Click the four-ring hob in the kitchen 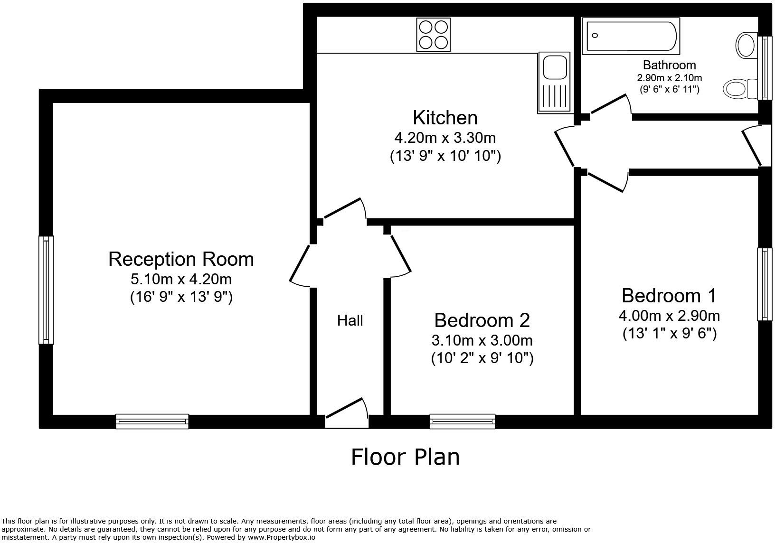click(433, 34)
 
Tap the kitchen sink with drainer click(554, 83)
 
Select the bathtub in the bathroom click(631, 36)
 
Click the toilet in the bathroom click(738, 88)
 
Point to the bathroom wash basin click(747, 46)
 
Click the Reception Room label click(181, 259)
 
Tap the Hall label click(350, 320)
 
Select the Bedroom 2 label click(482, 320)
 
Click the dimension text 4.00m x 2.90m click(669, 315)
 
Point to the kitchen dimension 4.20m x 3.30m click(445, 138)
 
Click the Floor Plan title click(405, 457)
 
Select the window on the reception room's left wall click(46, 290)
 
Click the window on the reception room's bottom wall click(152, 421)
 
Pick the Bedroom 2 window click(462, 421)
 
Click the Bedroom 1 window click(764, 284)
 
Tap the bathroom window click(764, 68)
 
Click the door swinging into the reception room click(300, 266)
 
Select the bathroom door click(610, 105)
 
